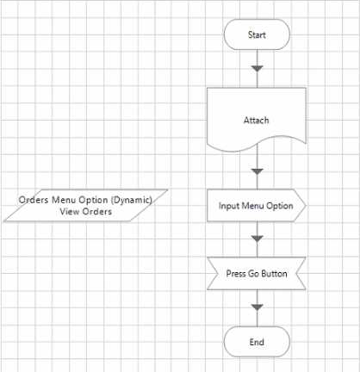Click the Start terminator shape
pos(257,34)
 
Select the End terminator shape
pos(257,342)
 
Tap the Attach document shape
pos(257,120)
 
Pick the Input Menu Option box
pos(257,206)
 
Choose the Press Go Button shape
pos(257,274)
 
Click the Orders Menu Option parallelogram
pos(85,206)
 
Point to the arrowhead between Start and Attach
pos(257,69)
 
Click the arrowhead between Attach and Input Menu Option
pos(257,171)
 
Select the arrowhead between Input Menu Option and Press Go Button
pos(257,239)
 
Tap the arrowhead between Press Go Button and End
pos(257,307)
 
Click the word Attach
pos(257,120)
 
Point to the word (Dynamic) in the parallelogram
pos(131,200)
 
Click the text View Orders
pos(86,212)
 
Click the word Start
pos(257,34)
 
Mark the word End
pos(257,342)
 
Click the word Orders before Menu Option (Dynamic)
pos(34,200)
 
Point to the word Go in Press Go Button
pos(253,274)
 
